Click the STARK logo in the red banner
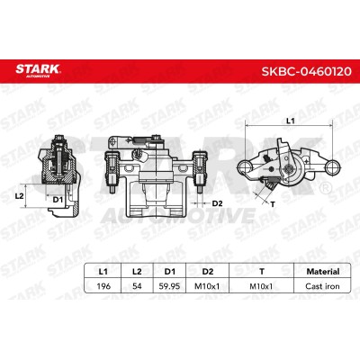[x=38, y=71]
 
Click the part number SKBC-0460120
[x=306, y=71]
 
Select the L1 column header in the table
[x=103, y=272]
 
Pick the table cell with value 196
[x=103, y=286]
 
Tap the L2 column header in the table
[x=137, y=272]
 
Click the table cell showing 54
[x=137, y=286]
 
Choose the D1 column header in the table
[x=170, y=272]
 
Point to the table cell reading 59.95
[x=169, y=286]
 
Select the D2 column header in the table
[x=208, y=272]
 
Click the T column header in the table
[x=262, y=272]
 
